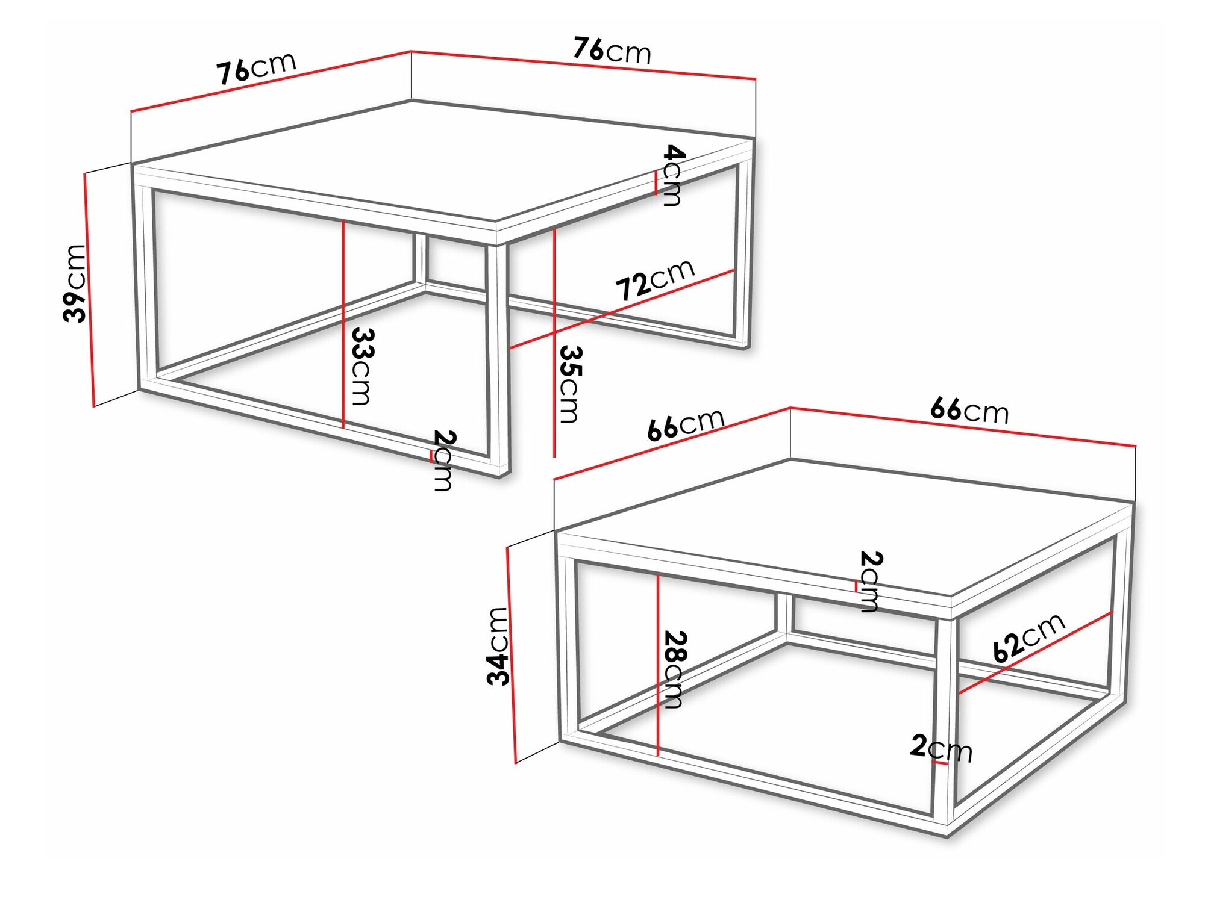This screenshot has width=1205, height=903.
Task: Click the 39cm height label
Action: [75, 283]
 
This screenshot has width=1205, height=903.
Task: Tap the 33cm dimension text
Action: [362, 366]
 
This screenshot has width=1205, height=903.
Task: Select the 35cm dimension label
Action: [569, 384]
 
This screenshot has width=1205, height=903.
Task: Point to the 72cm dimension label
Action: [655, 280]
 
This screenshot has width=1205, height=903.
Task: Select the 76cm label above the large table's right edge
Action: [612, 51]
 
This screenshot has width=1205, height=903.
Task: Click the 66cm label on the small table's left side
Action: [686, 424]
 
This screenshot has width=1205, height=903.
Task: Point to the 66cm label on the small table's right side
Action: [969, 411]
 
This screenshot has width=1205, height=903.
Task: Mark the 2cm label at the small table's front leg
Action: [941, 748]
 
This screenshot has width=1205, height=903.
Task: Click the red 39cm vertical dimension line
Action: [89, 289]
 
